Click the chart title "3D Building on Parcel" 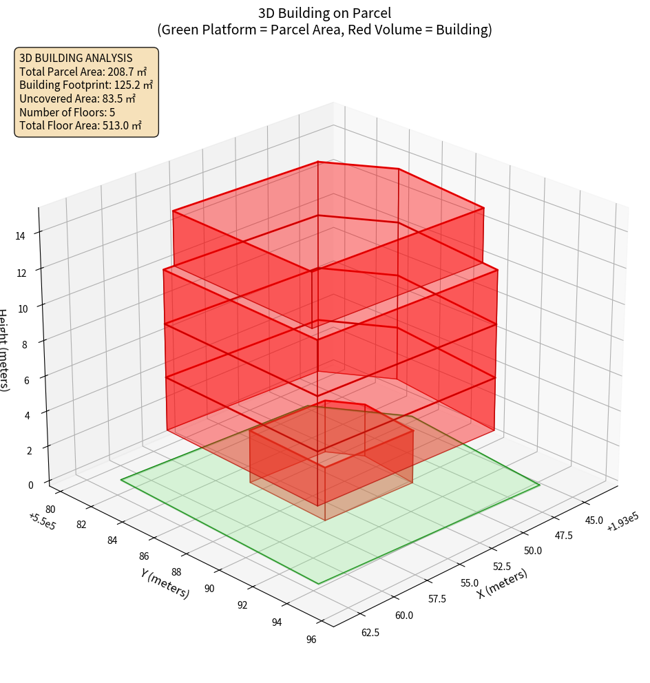coord(324,12)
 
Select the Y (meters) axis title coord(165,582)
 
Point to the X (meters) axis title coord(502,582)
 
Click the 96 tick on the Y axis coord(311,640)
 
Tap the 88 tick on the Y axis coord(176,571)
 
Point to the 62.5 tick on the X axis coord(370,632)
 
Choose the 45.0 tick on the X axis coord(593,520)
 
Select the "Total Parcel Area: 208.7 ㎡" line coord(83,72)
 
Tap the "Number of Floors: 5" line coord(67,112)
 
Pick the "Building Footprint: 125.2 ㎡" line coord(86,85)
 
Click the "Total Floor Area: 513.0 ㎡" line coord(81,125)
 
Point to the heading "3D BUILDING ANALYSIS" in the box coord(76,58)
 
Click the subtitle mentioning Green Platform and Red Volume coord(324,30)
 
